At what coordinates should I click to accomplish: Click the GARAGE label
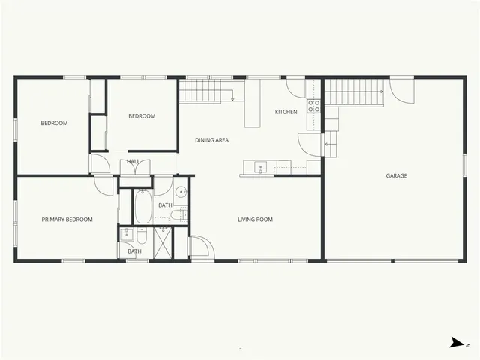pos(396,176)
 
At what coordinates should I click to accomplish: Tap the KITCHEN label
pos(286,112)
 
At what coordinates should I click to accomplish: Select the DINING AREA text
pos(211,140)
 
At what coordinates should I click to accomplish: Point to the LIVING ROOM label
pos(255,220)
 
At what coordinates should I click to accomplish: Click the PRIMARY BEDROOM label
pos(67,220)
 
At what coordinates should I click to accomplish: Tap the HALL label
pos(133,161)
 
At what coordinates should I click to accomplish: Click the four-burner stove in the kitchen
pos(314,106)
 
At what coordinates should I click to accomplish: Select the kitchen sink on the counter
pos(260,167)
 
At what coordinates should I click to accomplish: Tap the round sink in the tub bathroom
pos(181,190)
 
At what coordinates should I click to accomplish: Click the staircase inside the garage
pos(353,92)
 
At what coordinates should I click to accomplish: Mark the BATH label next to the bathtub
pos(165,205)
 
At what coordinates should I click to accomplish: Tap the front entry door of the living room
pos(199,247)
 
